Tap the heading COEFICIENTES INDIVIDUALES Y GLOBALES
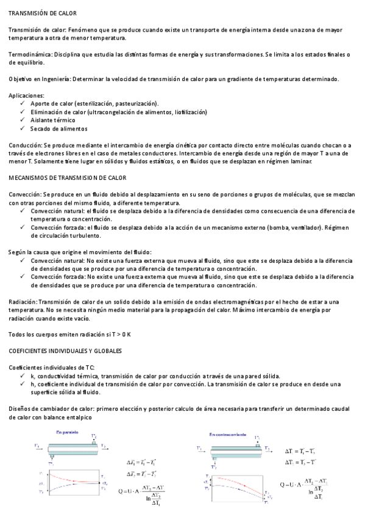click(65, 351)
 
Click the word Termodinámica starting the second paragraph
click(29, 54)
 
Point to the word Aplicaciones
click(27, 95)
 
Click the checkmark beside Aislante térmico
click(23, 121)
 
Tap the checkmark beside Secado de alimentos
click(23, 129)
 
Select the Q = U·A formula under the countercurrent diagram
click(304, 486)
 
